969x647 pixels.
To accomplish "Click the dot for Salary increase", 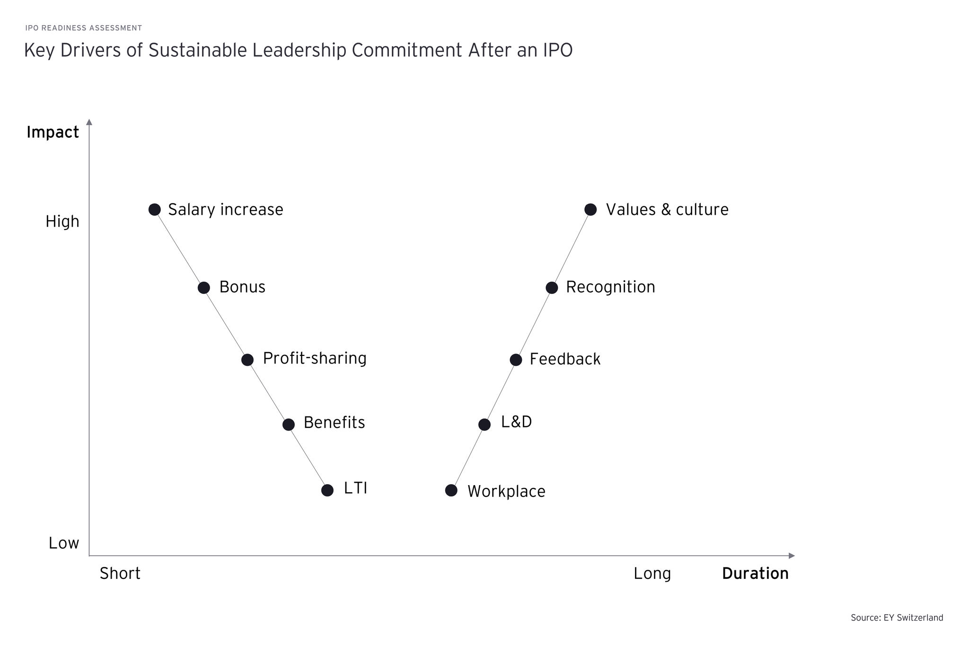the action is [155, 209].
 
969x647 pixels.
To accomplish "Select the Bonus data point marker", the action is [204, 288].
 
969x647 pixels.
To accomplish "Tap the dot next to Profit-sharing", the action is [247, 360].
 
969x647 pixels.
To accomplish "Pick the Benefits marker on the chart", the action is [289, 425].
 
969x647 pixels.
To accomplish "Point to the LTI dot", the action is [327, 490].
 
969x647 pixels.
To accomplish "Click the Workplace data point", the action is [451, 490].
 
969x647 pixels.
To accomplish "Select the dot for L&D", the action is [484, 425].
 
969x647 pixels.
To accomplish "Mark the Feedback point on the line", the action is [516, 360].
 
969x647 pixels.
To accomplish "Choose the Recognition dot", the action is [552, 288].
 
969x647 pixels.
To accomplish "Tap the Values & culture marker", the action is [590, 209].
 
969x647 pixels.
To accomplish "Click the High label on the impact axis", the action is [62, 222].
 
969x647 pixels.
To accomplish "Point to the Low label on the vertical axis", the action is [64, 543].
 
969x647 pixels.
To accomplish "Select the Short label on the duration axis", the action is [120, 573].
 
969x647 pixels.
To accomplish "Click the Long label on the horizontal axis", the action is [652, 574].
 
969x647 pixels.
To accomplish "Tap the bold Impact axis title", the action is [53, 133].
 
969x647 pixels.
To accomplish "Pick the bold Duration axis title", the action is [756, 573].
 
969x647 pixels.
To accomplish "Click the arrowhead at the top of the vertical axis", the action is [89, 122].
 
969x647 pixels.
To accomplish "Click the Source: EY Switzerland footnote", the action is [897, 618].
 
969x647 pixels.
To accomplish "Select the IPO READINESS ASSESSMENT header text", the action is [84, 28].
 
